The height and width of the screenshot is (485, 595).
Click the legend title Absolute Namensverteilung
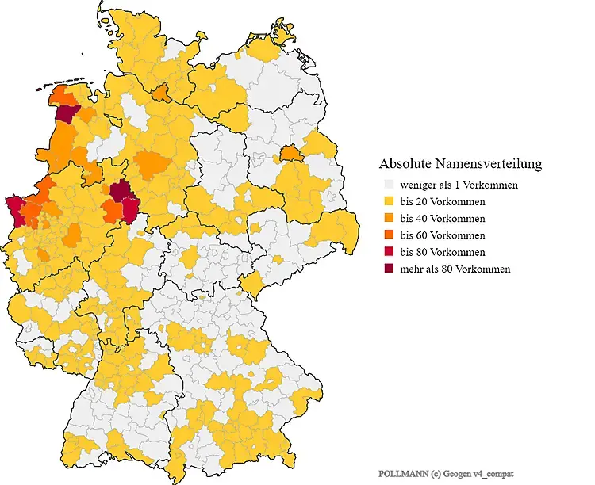[460, 164]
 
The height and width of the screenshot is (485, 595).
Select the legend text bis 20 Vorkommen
[443, 201]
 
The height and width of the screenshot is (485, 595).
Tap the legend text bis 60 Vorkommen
[443, 235]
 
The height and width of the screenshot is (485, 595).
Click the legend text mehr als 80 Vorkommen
[455, 269]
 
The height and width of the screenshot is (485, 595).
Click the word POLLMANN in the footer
[401, 472]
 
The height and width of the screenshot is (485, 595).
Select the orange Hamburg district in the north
[161, 94]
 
